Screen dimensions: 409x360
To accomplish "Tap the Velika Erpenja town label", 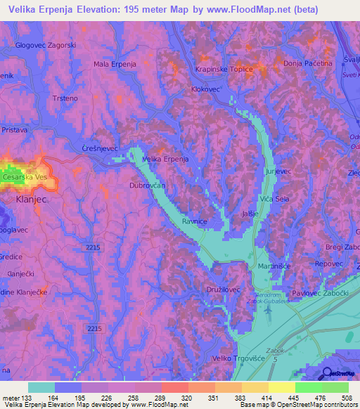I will (x=165, y=160).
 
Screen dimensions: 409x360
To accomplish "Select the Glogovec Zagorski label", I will (x=46, y=44).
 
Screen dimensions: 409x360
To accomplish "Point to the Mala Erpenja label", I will (x=115, y=64).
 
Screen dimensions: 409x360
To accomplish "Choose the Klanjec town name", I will (x=31, y=199).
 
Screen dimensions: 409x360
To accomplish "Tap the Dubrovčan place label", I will (x=147, y=186).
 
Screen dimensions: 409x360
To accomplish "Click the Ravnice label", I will (x=195, y=221).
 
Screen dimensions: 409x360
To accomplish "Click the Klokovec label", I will (x=206, y=90).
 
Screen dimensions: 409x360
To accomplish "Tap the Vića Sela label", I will (x=275, y=200).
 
